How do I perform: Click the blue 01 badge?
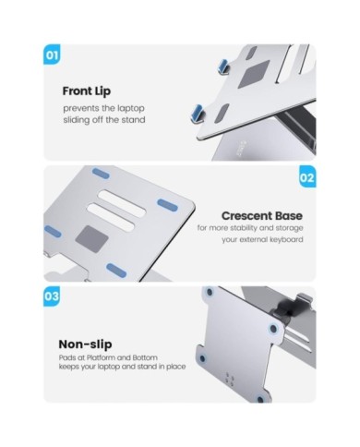[52, 54]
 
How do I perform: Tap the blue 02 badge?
[307, 176]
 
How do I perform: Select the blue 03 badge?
[52, 296]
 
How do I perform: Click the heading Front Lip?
[87, 91]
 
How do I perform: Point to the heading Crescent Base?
[262, 216]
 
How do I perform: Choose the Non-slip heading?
[85, 344]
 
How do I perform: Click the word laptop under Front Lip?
[129, 109]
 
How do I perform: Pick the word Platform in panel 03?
[101, 357]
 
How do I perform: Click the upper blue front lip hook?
[223, 67]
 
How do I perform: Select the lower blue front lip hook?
[197, 114]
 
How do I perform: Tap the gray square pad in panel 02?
[91, 237]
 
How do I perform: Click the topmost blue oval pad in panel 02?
[101, 174]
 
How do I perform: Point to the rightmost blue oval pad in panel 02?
[168, 205]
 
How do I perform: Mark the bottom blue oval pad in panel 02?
[116, 271]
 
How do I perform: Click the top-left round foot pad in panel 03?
[210, 292]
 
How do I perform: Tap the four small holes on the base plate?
[230, 380]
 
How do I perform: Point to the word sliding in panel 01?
[75, 120]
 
